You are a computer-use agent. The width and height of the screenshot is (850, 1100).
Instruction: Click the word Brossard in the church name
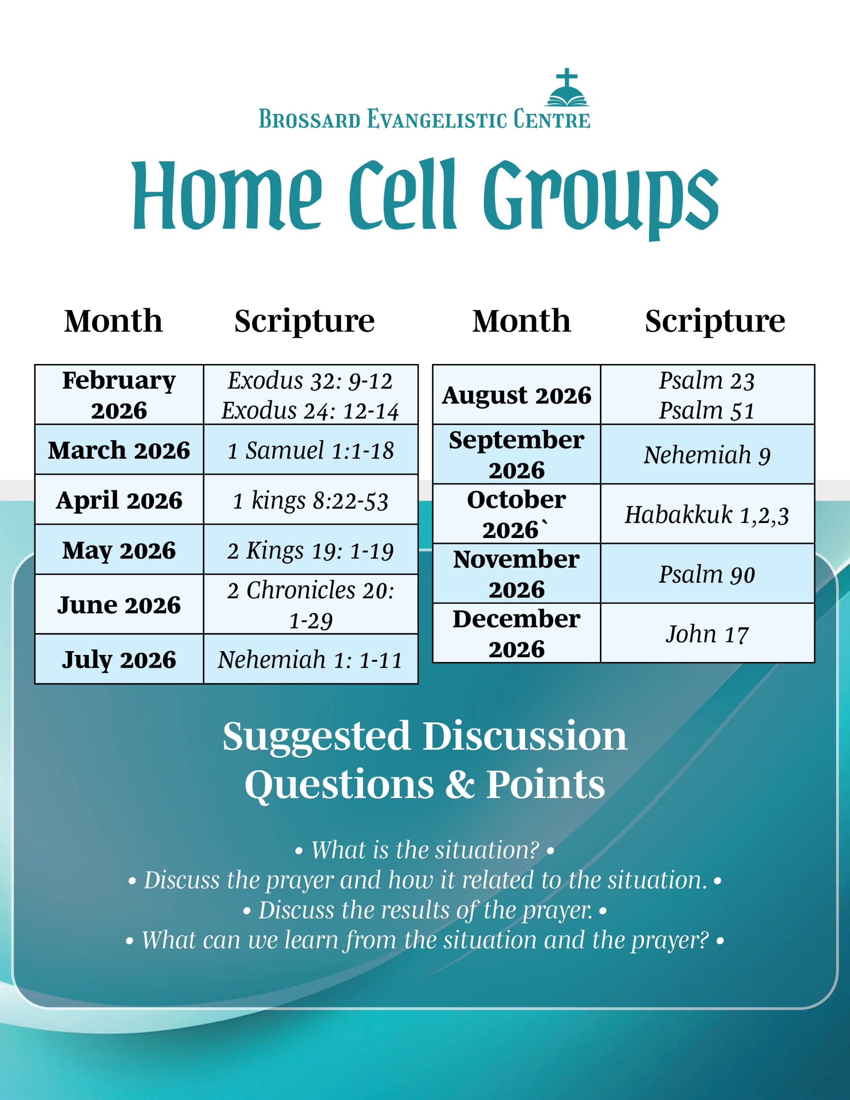click(310, 120)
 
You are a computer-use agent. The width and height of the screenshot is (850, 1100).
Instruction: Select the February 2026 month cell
click(119, 395)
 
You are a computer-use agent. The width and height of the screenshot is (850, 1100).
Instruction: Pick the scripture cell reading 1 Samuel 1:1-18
click(311, 449)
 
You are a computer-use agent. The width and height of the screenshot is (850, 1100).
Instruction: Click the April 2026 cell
click(119, 499)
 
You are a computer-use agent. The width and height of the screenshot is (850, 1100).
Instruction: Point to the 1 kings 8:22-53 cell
click(311, 499)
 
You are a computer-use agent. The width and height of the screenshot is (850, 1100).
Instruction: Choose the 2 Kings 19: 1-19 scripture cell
click(311, 549)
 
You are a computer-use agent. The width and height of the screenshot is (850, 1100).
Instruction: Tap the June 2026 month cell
click(119, 604)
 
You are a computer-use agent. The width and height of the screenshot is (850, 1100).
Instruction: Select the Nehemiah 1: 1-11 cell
click(311, 659)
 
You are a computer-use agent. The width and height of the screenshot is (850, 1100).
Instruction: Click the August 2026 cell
click(517, 395)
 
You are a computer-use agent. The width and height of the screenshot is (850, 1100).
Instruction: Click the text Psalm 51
click(707, 411)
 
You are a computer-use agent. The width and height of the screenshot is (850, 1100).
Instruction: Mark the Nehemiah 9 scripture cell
click(707, 454)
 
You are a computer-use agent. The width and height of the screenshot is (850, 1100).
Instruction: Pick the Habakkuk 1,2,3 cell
click(707, 514)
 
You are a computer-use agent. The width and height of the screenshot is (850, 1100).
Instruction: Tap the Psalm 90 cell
click(707, 573)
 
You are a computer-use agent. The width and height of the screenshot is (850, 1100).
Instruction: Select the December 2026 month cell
click(517, 633)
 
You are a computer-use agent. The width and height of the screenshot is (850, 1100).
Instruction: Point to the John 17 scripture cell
click(707, 633)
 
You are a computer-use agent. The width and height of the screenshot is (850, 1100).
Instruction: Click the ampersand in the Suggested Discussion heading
click(460, 784)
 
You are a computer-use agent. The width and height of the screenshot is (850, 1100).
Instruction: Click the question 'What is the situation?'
click(425, 850)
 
